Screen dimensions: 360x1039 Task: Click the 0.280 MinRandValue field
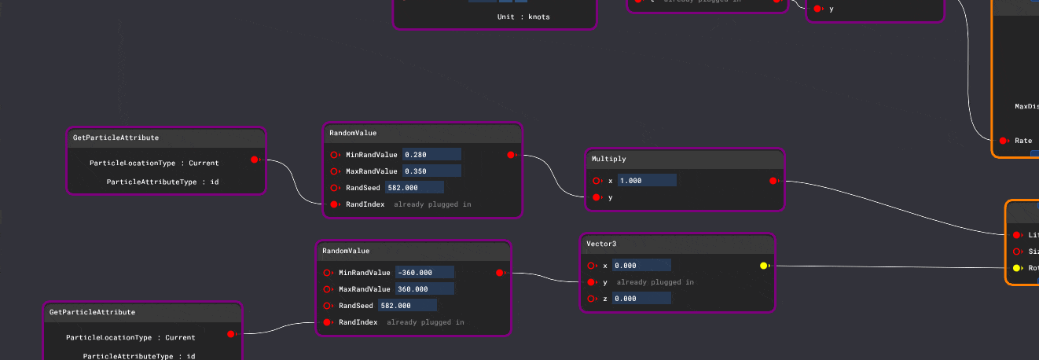click(431, 155)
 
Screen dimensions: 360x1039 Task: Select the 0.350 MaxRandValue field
click(431, 171)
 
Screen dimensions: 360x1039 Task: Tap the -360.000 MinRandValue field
click(424, 273)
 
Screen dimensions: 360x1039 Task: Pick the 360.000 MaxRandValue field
click(424, 289)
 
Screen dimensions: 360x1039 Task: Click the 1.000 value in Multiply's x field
click(647, 181)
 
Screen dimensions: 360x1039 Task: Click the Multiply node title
click(609, 159)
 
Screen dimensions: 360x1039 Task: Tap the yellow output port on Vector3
click(763, 266)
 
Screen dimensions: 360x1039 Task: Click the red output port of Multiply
click(773, 181)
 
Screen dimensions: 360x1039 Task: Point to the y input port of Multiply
click(597, 197)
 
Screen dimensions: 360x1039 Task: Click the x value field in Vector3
click(641, 266)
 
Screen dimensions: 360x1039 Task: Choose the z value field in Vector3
click(641, 299)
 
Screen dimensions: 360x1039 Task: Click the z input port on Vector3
click(591, 299)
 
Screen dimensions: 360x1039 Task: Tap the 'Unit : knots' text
click(523, 17)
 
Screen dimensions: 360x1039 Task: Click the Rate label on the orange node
click(1023, 141)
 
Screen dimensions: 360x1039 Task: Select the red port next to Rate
click(1003, 141)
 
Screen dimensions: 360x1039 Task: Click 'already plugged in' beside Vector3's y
click(655, 282)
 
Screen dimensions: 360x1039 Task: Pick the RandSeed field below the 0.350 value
click(414, 188)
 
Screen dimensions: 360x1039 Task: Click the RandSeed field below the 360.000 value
click(407, 306)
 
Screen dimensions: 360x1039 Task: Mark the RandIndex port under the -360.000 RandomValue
click(327, 322)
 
